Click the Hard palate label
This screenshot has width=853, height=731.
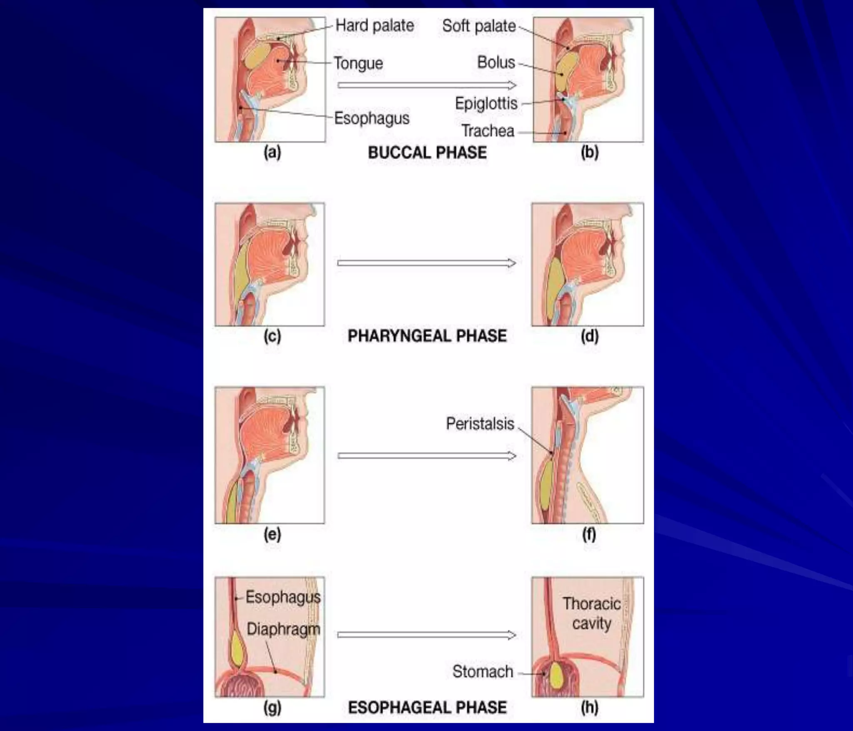coord(374,26)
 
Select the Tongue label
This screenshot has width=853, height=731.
coord(358,63)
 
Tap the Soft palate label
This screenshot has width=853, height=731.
coord(479,26)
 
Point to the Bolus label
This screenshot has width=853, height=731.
coord(496,62)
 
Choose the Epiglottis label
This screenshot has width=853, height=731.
coord(486,103)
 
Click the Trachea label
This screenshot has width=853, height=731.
coord(487,131)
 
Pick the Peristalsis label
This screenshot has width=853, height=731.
coord(480,424)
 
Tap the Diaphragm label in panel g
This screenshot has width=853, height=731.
coord(283,629)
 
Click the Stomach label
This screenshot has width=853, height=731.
coord(482,671)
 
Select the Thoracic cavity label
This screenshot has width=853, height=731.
coord(591,613)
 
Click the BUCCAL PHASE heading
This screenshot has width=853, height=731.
coord(427,152)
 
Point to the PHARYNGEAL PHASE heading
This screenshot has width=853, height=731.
coord(427,336)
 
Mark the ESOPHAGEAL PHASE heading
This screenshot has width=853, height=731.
coord(427,707)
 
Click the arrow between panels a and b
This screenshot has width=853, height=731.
coord(426,85)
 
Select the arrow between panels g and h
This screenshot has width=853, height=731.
coord(426,635)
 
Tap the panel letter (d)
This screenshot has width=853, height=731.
coord(589,336)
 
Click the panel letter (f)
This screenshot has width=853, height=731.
coord(589,534)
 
